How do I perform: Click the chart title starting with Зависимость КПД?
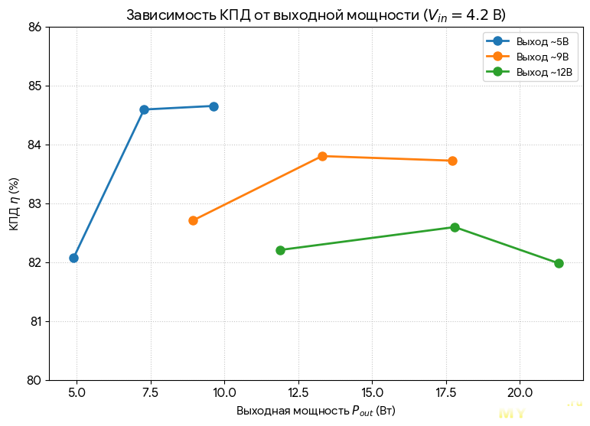pyautogui.click(x=315, y=15)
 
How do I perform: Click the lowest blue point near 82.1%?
pyautogui.click(x=73, y=258)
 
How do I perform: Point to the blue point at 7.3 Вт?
pyautogui.click(x=144, y=109)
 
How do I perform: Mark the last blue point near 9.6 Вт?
pyautogui.click(x=214, y=106)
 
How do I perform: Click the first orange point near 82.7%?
pyautogui.click(x=193, y=220)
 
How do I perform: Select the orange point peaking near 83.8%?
pyautogui.click(x=322, y=156)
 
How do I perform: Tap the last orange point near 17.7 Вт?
pyautogui.click(x=452, y=161)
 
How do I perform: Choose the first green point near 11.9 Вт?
pyautogui.click(x=280, y=250)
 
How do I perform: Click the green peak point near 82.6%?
pyautogui.click(x=455, y=227)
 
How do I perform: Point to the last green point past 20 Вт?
pyautogui.click(x=559, y=263)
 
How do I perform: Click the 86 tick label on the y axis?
pyautogui.click(x=35, y=28)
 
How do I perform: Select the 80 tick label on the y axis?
pyautogui.click(x=35, y=380)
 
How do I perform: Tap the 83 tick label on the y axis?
pyautogui.click(x=35, y=204)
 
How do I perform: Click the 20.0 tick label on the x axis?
pyautogui.click(x=520, y=393)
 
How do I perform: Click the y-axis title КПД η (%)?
pyautogui.click(x=15, y=204)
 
